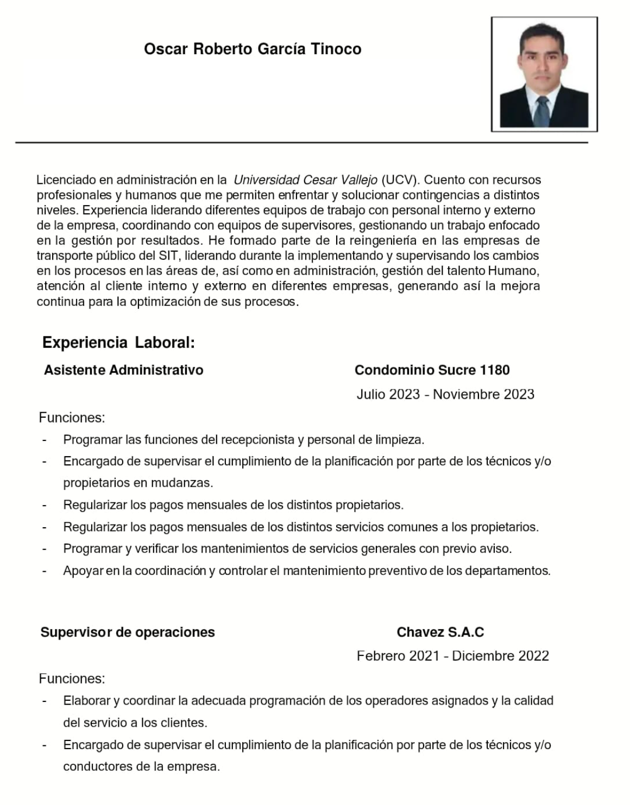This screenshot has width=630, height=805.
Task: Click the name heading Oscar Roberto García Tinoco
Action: tap(253, 49)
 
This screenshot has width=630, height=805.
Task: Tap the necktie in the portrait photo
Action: tap(542, 111)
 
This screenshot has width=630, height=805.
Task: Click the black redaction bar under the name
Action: tap(251, 82)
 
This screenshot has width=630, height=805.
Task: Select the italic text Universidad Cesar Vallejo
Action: tap(305, 180)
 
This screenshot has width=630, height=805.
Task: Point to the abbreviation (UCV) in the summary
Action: tap(399, 180)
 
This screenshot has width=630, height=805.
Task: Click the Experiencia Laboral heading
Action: tap(118, 343)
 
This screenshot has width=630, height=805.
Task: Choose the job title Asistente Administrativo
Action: tap(124, 370)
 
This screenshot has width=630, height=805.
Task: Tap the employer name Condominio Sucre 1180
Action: tap(432, 370)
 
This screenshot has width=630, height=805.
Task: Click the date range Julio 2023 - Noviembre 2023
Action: tap(445, 394)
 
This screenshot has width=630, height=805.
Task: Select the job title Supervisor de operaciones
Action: tap(128, 632)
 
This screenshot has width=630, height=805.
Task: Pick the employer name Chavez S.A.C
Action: tap(440, 632)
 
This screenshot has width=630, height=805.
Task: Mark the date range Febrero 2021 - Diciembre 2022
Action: tap(452, 656)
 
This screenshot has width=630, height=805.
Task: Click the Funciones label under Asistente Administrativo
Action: tap(72, 418)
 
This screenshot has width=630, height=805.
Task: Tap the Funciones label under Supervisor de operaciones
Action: tap(72, 679)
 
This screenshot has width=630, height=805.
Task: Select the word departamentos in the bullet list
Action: tap(507, 571)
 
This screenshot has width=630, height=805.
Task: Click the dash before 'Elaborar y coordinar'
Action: tap(45, 701)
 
